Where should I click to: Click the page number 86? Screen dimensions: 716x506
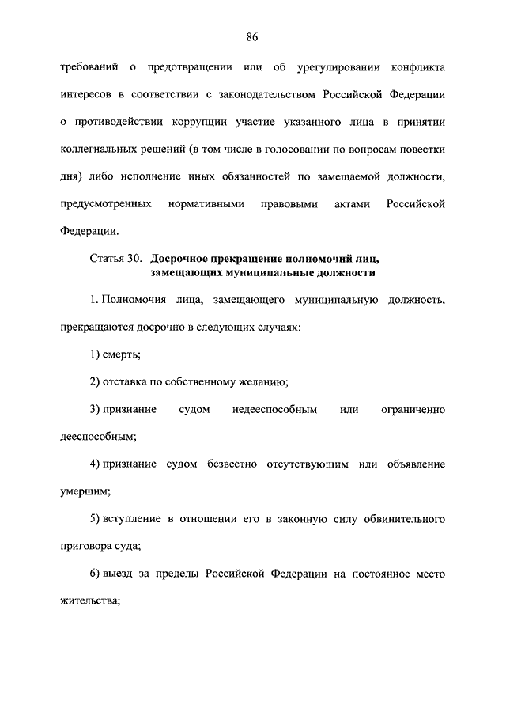[252, 37]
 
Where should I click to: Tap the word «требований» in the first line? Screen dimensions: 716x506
[88, 66]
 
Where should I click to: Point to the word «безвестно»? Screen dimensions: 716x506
[230, 464]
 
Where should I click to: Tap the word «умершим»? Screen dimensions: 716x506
[84, 491]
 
